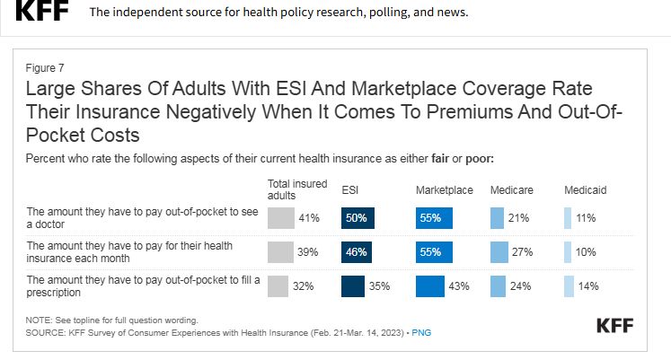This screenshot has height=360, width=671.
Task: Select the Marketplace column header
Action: click(x=444, y=191)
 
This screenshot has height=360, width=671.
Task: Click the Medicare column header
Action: click(x=511, y=191)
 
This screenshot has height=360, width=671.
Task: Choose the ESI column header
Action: click(x=350, y=191)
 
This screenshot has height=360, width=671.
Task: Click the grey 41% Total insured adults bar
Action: click(x=280, y=218)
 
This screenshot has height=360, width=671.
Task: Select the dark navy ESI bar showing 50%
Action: click(x=358, y=218)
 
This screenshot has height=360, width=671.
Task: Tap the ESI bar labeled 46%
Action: click(x=357, y=252)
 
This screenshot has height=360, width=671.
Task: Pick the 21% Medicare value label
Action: click(x=518, y=218)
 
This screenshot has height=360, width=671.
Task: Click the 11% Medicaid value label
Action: click(x=586, y=218)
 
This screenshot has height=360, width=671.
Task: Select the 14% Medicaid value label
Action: click(x=587, y=286)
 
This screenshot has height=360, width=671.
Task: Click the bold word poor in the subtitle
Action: click(x=474, y=159)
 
